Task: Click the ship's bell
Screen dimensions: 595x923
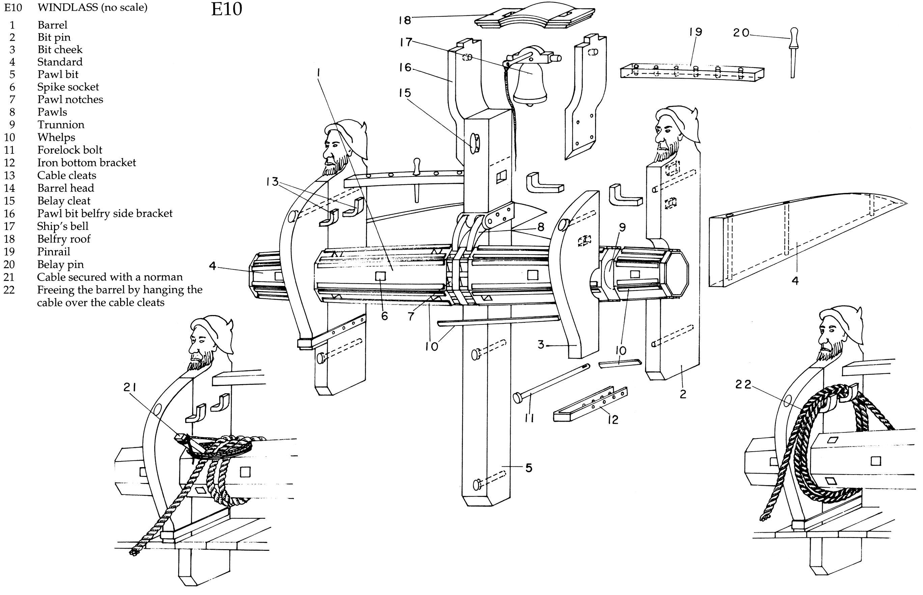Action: [530, 85]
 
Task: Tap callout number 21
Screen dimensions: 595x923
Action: [130, 387]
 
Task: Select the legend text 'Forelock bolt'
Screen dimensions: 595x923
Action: [69, 150]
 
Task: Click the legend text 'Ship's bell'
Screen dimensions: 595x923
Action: [63, 226]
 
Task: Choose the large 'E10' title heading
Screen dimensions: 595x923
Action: [226, 9]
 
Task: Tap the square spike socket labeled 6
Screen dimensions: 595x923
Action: [380, 276]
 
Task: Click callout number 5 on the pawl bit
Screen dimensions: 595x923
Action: [529, 468]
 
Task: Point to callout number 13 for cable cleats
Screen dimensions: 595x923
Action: [272, 181]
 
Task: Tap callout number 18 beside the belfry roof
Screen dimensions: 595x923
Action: [404, 20]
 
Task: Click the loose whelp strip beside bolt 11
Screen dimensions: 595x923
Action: [620, 364]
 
